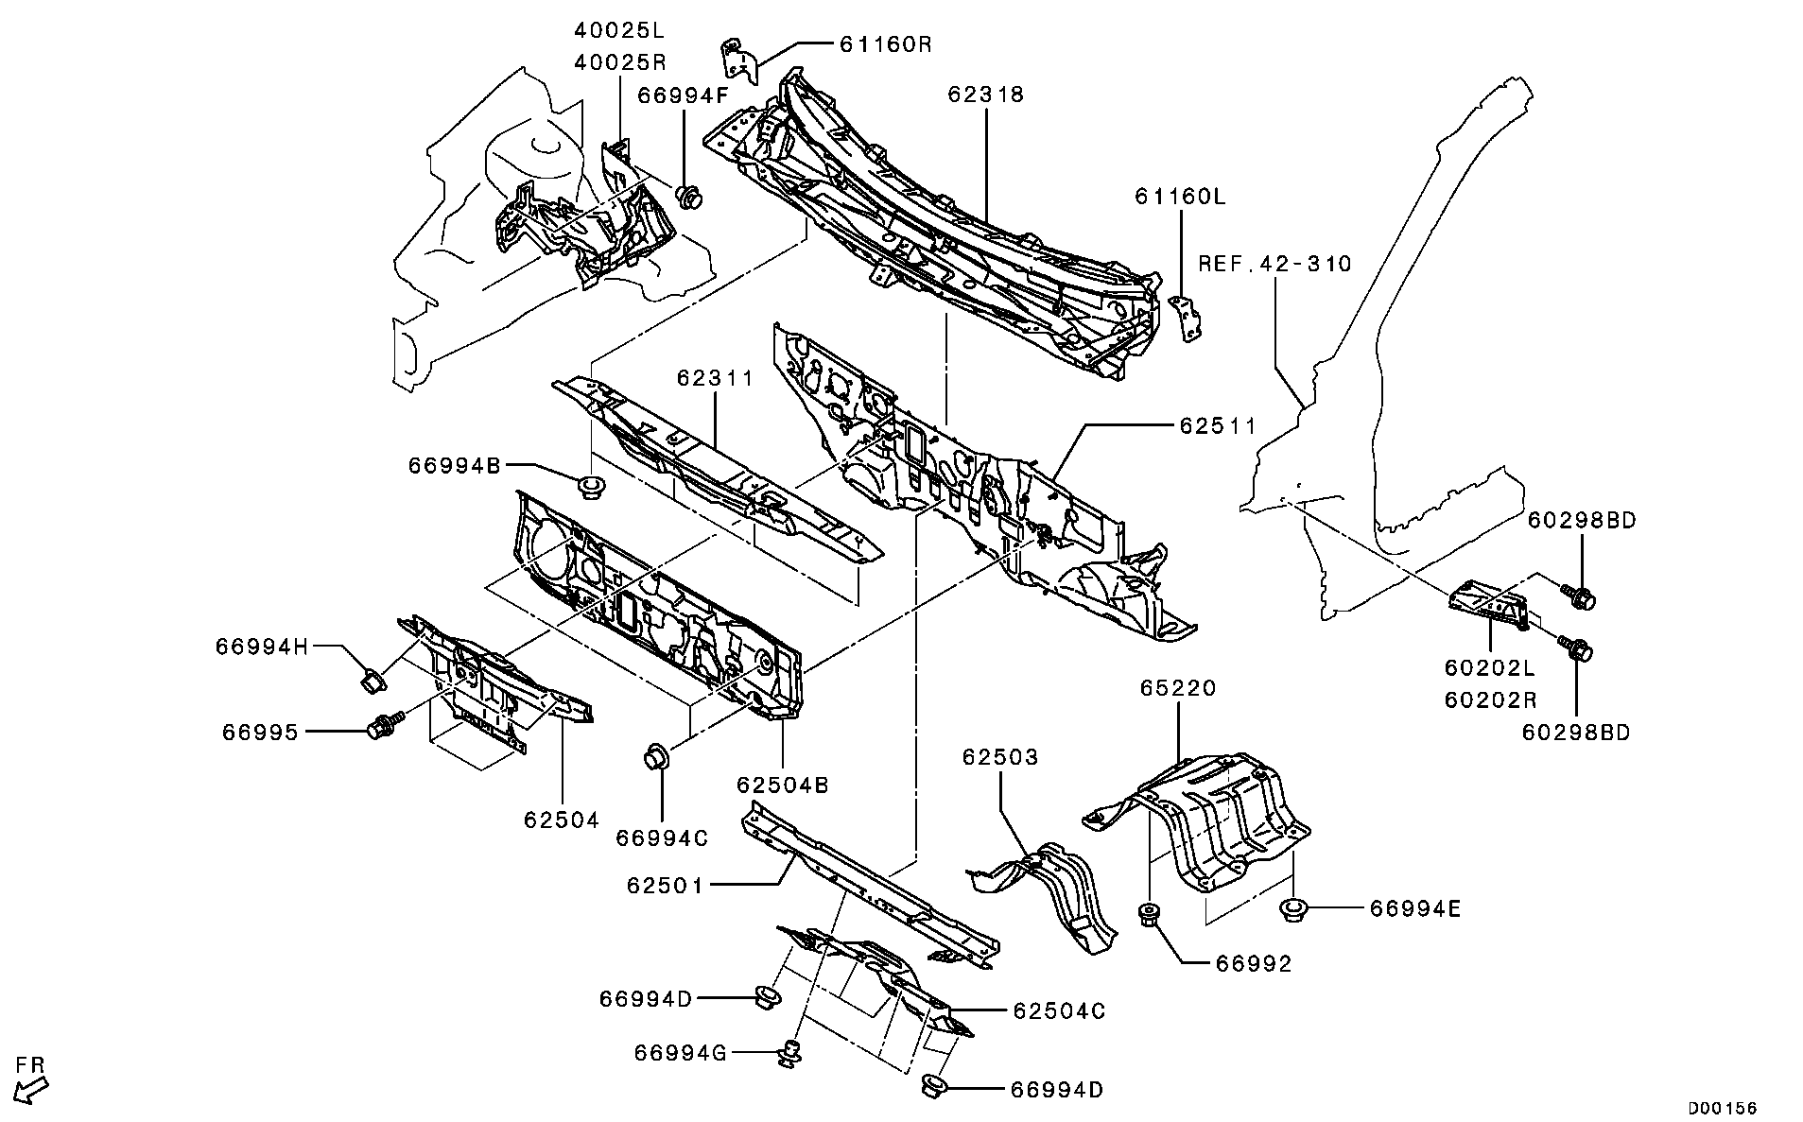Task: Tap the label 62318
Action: [x=986, y=95]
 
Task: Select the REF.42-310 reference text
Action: [x=1275, y=264]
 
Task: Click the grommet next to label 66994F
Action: [x=691, y=197]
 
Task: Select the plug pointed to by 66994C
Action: [x=656, y=757]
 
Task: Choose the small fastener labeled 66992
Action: [x=1151, y=915]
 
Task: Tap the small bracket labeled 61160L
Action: [x=1187, y=319]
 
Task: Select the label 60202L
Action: [x=1488, y=668]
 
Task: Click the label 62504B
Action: [x=783, y=785]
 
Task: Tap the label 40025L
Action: [x=619, y=29]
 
